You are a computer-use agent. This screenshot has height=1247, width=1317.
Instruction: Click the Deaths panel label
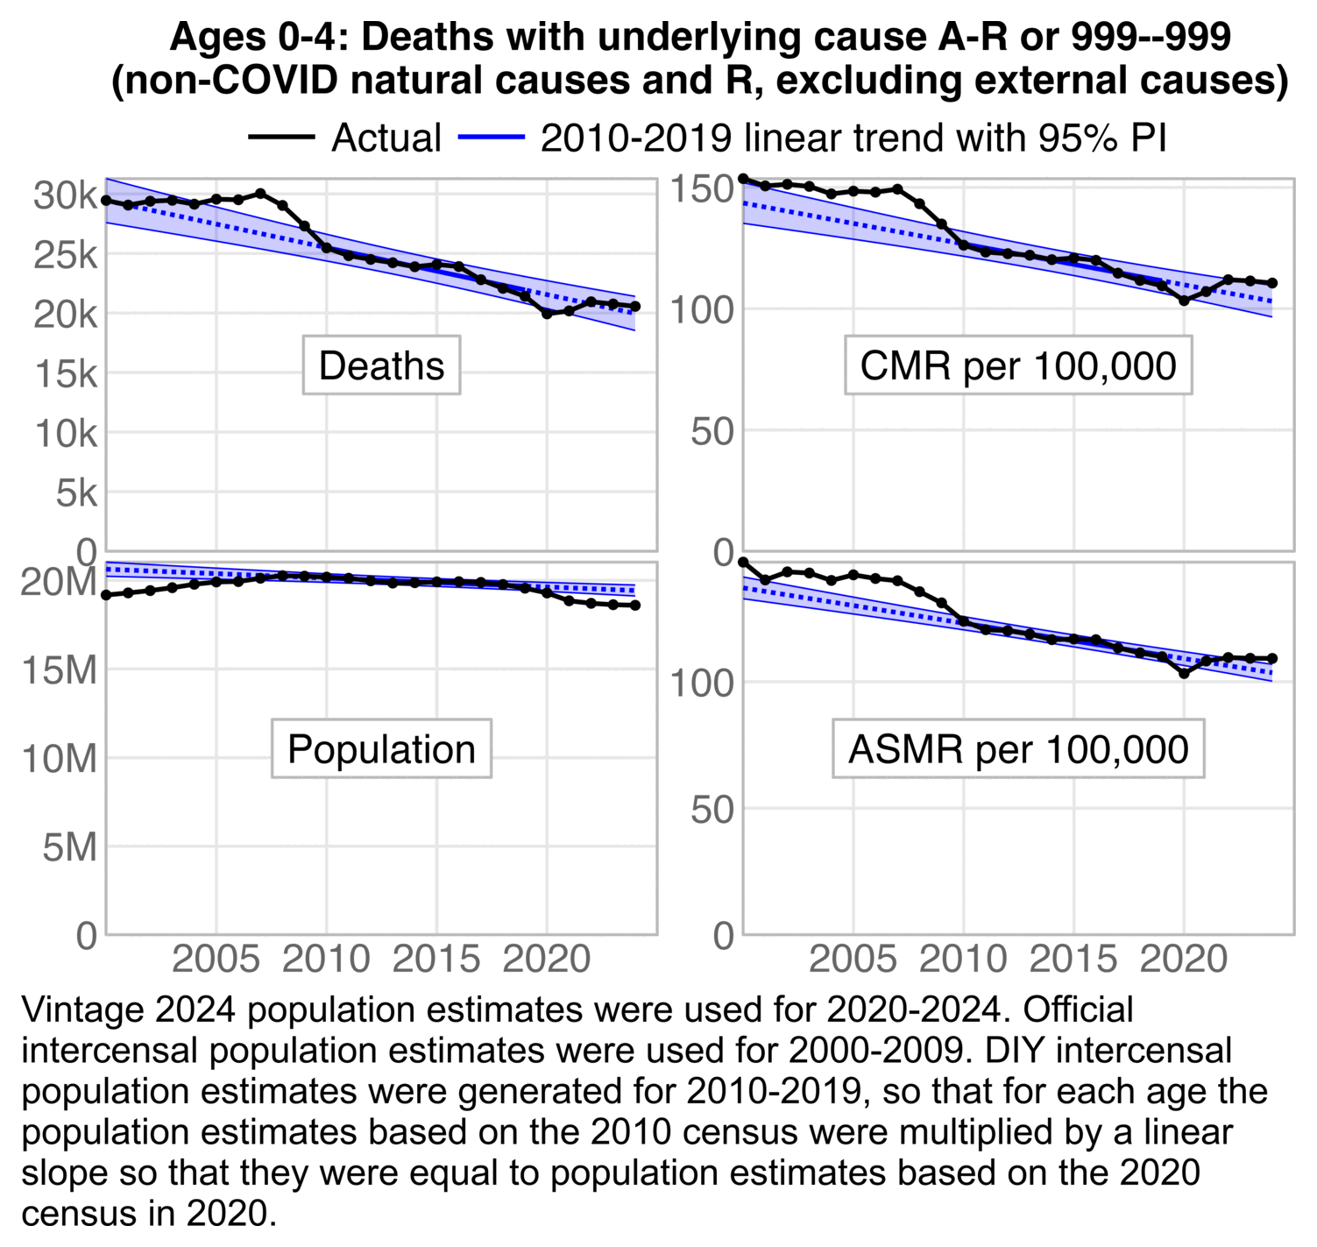(x=381, y=365)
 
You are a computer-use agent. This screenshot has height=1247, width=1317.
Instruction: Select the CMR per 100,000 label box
(x=1017, y=365)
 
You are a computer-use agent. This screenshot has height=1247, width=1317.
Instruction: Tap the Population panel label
(x=381, y=749)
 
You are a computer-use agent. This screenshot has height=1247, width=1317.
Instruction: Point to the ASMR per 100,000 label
(x=1018, y=749)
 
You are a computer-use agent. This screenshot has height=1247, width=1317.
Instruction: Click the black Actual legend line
(x=281, y=138)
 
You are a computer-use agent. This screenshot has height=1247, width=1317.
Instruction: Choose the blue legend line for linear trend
(x=491, y=138)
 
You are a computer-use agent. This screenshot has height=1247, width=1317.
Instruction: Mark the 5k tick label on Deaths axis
(x=76, y=493)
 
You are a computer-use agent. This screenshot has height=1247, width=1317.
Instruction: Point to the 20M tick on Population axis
(x=59, y=582)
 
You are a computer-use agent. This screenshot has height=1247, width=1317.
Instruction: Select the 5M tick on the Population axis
(x=69, y=847)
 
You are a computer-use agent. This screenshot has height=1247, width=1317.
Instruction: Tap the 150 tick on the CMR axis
(x=702, y=189)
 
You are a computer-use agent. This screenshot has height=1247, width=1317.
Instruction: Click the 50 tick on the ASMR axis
(x=712, y=810)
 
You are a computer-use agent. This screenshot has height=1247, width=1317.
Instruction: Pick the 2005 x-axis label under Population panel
(x=216, y=959)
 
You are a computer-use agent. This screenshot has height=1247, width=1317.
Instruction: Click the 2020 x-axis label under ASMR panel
(x=1183, y=959)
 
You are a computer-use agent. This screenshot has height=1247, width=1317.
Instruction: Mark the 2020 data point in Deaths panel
(x=547, y=313)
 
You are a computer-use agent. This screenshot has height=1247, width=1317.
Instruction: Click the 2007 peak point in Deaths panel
(x=260, y=193)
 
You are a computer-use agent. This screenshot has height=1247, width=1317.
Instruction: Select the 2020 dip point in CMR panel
(x=1184, y=301)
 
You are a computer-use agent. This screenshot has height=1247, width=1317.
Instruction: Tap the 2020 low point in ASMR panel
(x=1184, y=674)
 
